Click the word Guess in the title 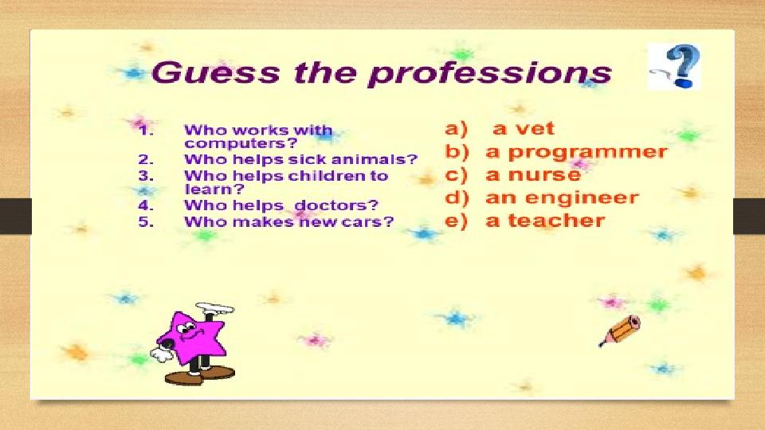tap(215, 72)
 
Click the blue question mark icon tap(677, 66)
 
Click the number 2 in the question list tap(144, 159)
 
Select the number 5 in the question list tap(144, 222)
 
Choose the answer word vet tap(535, 128)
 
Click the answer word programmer tap(587, 153)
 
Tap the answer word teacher tap(556, 221)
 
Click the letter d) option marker tap(457, 198)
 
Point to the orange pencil tap(620, 331)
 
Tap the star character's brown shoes tap(200, 375)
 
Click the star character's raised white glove tap(214, 308)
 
